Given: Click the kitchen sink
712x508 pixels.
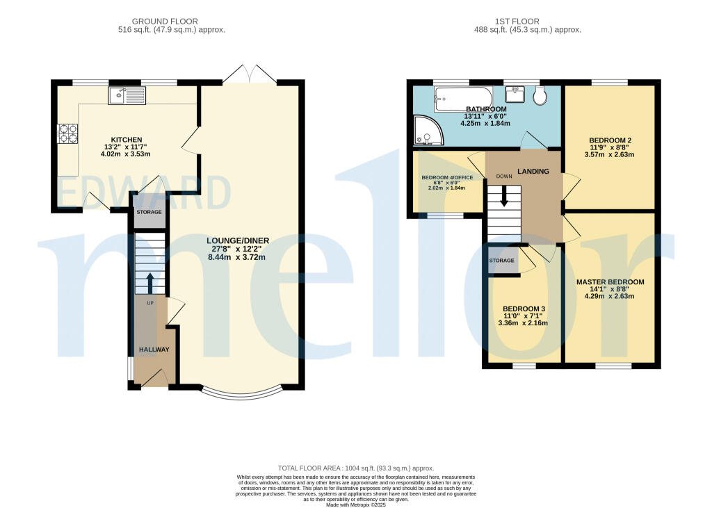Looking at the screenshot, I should (x=126, y=95).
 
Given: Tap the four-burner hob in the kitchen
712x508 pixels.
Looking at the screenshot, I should (x=68, y=133).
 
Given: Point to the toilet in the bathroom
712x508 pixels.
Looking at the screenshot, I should (x=540, y=96).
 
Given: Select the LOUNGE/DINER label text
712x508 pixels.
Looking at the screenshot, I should (x=238, y=241).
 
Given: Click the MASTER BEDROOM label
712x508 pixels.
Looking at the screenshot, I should (x=610, y=282).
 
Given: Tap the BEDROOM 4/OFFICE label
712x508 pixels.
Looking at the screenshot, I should (x=447, y=178).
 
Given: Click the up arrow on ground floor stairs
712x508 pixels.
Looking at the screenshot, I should (x=149, y=281).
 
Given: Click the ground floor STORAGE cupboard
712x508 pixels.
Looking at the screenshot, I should (x=149, y=213).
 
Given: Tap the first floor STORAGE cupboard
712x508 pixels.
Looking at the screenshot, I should (x=501, y=261).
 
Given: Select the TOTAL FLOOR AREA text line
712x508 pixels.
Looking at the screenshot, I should (x=355, y=468).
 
